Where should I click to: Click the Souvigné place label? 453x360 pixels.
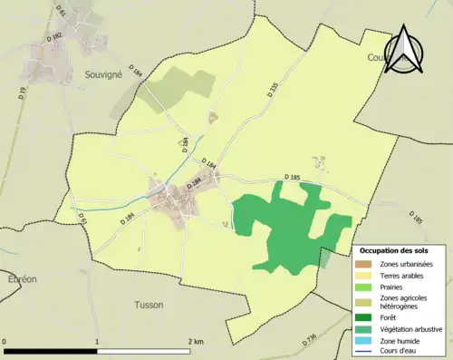click(102, 73)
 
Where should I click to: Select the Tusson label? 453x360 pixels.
click(149, 305)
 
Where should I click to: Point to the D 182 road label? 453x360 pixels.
click(52, 35)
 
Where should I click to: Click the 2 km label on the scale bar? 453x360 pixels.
click(197, 341)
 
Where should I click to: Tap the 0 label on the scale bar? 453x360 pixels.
click(5, 341)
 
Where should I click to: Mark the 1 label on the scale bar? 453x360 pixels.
click(97, 341)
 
